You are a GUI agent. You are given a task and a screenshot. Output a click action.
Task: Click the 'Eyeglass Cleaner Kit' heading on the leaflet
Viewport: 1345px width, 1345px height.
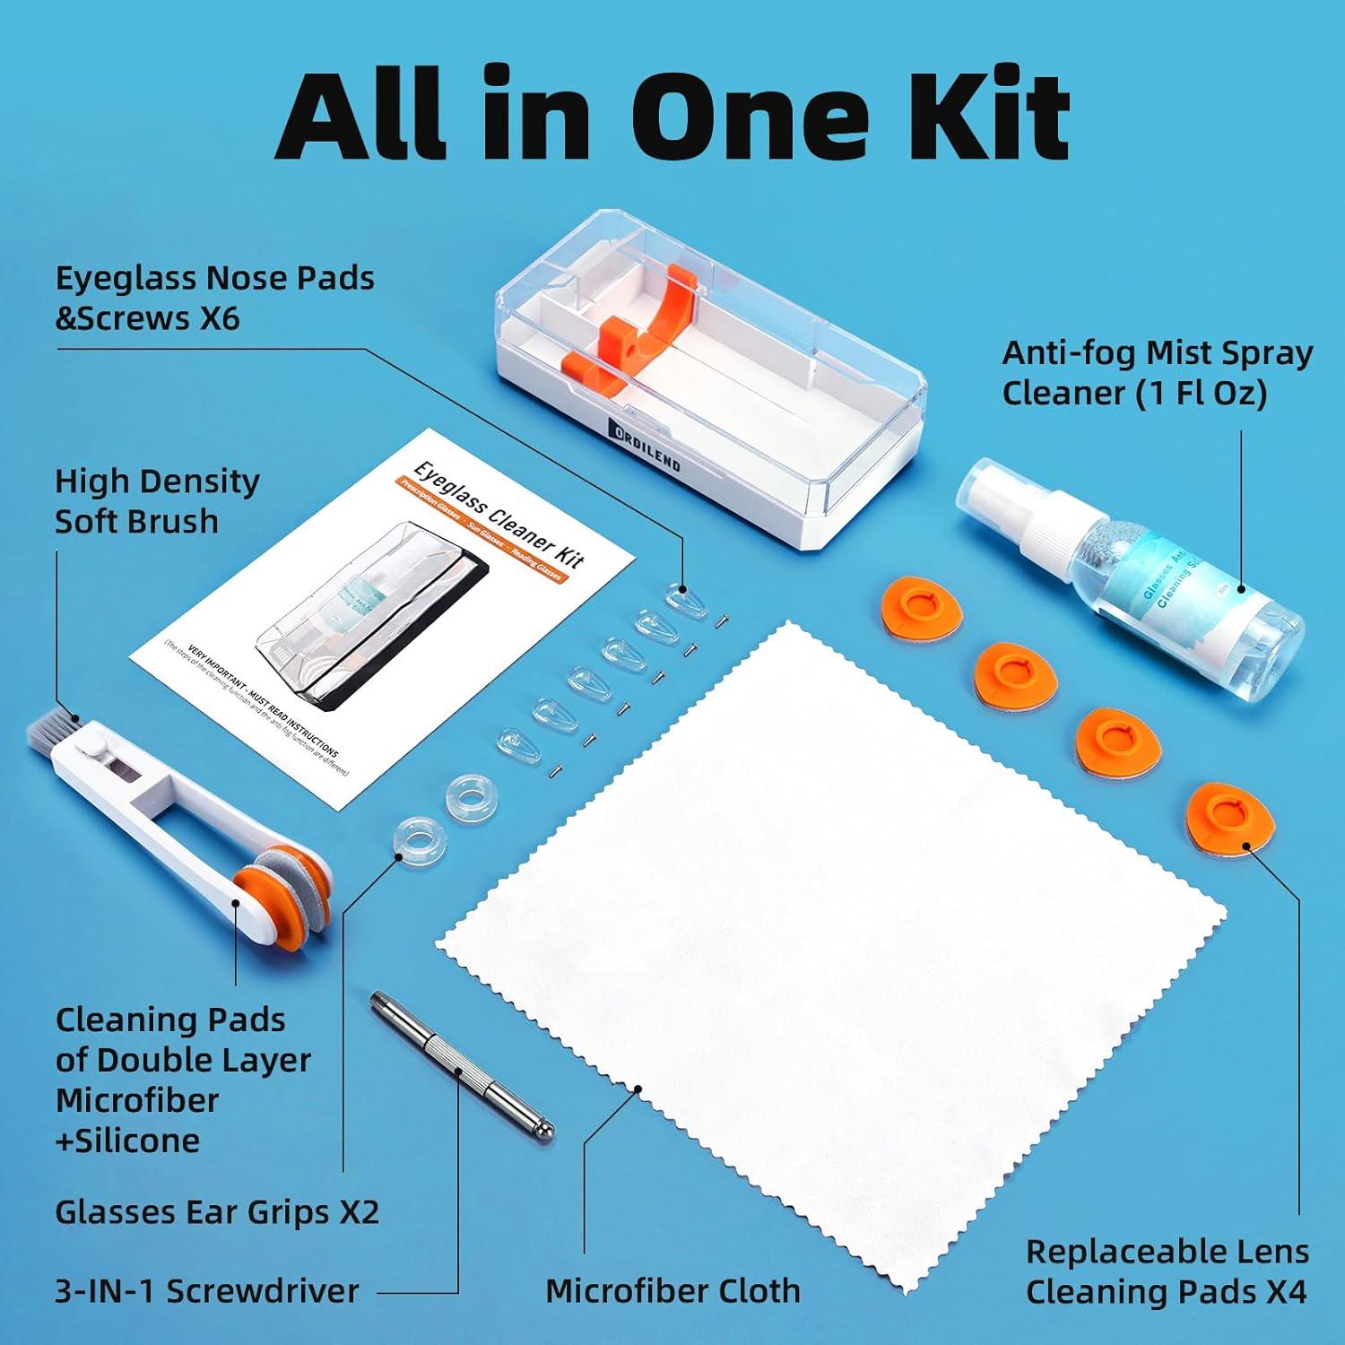pyautogui.click(x=499, y=515)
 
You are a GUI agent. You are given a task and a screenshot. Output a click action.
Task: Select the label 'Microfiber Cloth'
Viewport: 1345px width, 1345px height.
pyautogui.click(x=672, y=1290)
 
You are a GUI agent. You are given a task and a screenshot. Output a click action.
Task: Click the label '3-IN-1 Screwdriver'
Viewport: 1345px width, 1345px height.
pyautogui.click(x=207, y=1290)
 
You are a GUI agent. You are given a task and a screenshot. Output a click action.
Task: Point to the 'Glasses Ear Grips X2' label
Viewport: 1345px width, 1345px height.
pyautogui.click(x=217, y=1211)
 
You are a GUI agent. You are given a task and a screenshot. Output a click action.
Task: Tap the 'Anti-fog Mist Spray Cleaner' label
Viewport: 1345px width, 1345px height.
pyautogui.click(x=1157, y=372)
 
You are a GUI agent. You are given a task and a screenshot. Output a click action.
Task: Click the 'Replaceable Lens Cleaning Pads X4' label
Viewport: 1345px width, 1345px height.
pyautogui.click(x=1167, y=1271)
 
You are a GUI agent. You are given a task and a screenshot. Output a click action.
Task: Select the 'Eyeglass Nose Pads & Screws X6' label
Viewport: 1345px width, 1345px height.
pyautogui.click(x=214, y=298)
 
